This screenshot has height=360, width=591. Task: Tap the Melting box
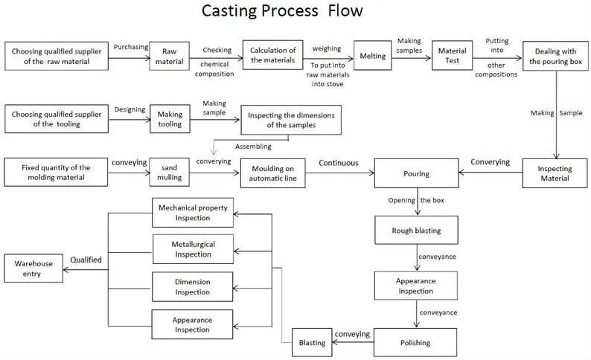(x=372, y=56)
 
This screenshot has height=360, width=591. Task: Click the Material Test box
(x=453, y=56)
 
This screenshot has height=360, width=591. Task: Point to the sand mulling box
(x=170, y=173)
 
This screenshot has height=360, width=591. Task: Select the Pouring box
(x=416, y=173)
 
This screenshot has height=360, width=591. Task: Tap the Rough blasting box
(x=416, y=230)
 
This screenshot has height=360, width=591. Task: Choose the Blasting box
(x=312, y=343)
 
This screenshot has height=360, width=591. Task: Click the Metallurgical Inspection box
(x=193, y=248)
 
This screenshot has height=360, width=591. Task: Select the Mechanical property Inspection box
(x=193, y=212)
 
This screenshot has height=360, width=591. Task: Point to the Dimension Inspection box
(x=193, y=287)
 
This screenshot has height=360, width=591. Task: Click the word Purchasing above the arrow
(x=130, y=46)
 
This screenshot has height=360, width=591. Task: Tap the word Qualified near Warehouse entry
(x=86, y=260)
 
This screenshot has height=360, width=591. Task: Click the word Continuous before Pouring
(x=339, y=162)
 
